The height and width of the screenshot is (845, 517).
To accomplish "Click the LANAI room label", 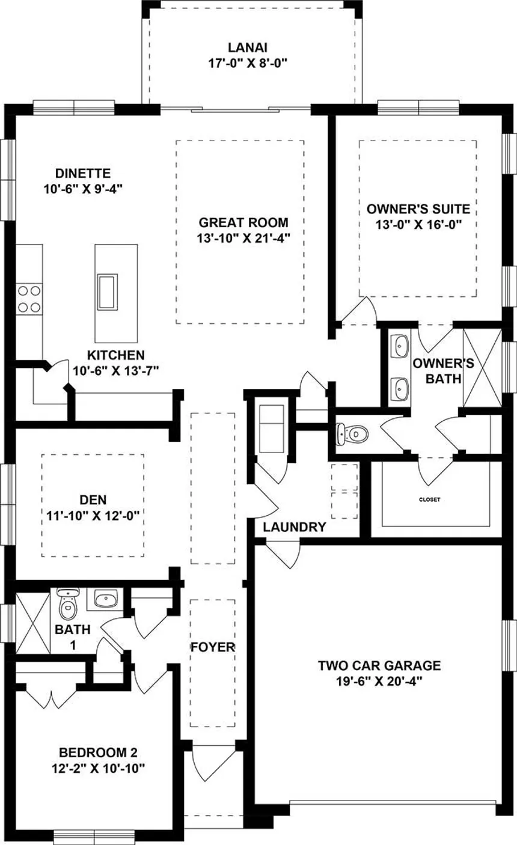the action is (248, 47).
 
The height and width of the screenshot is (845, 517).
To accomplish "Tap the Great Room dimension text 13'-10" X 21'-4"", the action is (243, 239).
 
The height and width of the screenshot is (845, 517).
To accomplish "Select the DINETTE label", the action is (83, 173).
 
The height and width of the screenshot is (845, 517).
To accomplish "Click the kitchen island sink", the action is (108, 291).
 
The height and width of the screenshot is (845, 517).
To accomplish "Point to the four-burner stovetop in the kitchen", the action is (29, 299).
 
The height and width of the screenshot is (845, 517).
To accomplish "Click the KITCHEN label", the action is (116, 355).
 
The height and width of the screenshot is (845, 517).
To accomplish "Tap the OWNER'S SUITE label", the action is (418, 209).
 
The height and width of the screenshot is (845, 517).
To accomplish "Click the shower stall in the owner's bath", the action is (482, 368).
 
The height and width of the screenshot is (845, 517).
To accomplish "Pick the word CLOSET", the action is (429, 499).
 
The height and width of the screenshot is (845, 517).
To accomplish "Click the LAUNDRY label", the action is (295, 527).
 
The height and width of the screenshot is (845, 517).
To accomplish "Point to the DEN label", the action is (93, 500).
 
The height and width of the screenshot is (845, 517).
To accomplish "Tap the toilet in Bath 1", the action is (68, 604).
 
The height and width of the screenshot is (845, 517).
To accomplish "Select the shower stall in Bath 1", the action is (33, 623).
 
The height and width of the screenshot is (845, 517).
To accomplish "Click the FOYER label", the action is (213, 647).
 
